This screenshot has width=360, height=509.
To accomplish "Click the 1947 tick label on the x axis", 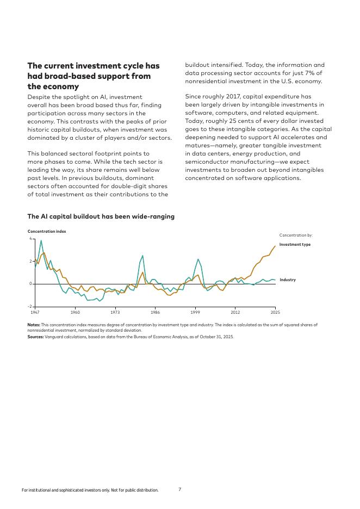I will [x=35, y=313].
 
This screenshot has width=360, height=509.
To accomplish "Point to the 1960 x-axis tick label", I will [x=75, y=313].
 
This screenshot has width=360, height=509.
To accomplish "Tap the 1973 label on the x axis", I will [x=115, y=313].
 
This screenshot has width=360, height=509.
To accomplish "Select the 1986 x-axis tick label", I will [x=155, y=313].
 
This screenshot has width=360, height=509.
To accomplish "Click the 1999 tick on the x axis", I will [x=195, y=313].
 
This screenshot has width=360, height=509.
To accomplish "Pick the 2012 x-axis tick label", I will [x=235, y=313].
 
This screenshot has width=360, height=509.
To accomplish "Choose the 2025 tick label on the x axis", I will [x=275, y=313].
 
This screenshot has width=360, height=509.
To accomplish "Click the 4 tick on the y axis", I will [x=30, y=239].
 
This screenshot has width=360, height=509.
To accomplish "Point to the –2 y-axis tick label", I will [x=30, y=307].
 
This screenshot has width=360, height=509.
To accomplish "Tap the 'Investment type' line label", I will [x=295, y=245].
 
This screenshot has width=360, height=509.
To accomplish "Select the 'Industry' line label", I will [x=288, y=280].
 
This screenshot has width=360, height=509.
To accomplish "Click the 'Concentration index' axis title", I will [x=47, y=232].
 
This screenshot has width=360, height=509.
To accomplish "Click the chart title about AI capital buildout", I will [x=101, y=216].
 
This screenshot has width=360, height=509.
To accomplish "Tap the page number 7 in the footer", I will [x=180, y=489].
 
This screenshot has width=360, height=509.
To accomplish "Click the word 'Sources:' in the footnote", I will [x=36, y=337].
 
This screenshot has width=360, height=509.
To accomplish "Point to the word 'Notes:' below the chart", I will [x=34, y=325].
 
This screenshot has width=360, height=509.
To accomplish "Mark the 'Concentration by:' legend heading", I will [x=296, y=235].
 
